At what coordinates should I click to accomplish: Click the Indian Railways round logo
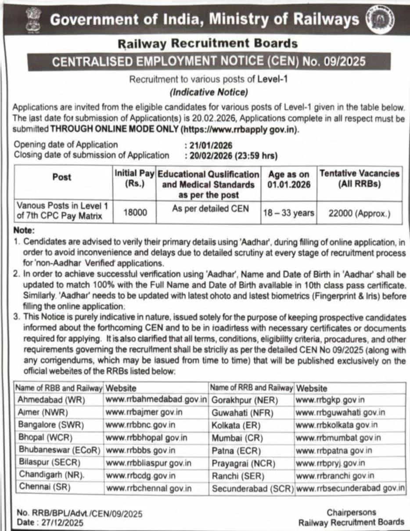coord(380,19)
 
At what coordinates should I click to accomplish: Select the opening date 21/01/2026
coord(211,145)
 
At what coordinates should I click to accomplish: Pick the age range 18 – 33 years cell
coord(288,213)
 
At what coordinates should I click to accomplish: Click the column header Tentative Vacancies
coord(360,178)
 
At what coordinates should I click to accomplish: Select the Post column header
coord(61,177)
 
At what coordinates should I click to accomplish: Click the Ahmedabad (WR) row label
coord(51,400)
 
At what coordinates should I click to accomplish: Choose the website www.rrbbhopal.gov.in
coord(147,437)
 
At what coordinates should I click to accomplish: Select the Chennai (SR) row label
coord(44,487)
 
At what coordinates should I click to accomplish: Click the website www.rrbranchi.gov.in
coord(335,475)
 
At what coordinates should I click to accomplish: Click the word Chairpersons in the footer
coord(351,512)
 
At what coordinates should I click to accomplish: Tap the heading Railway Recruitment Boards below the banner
coord(208,43)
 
